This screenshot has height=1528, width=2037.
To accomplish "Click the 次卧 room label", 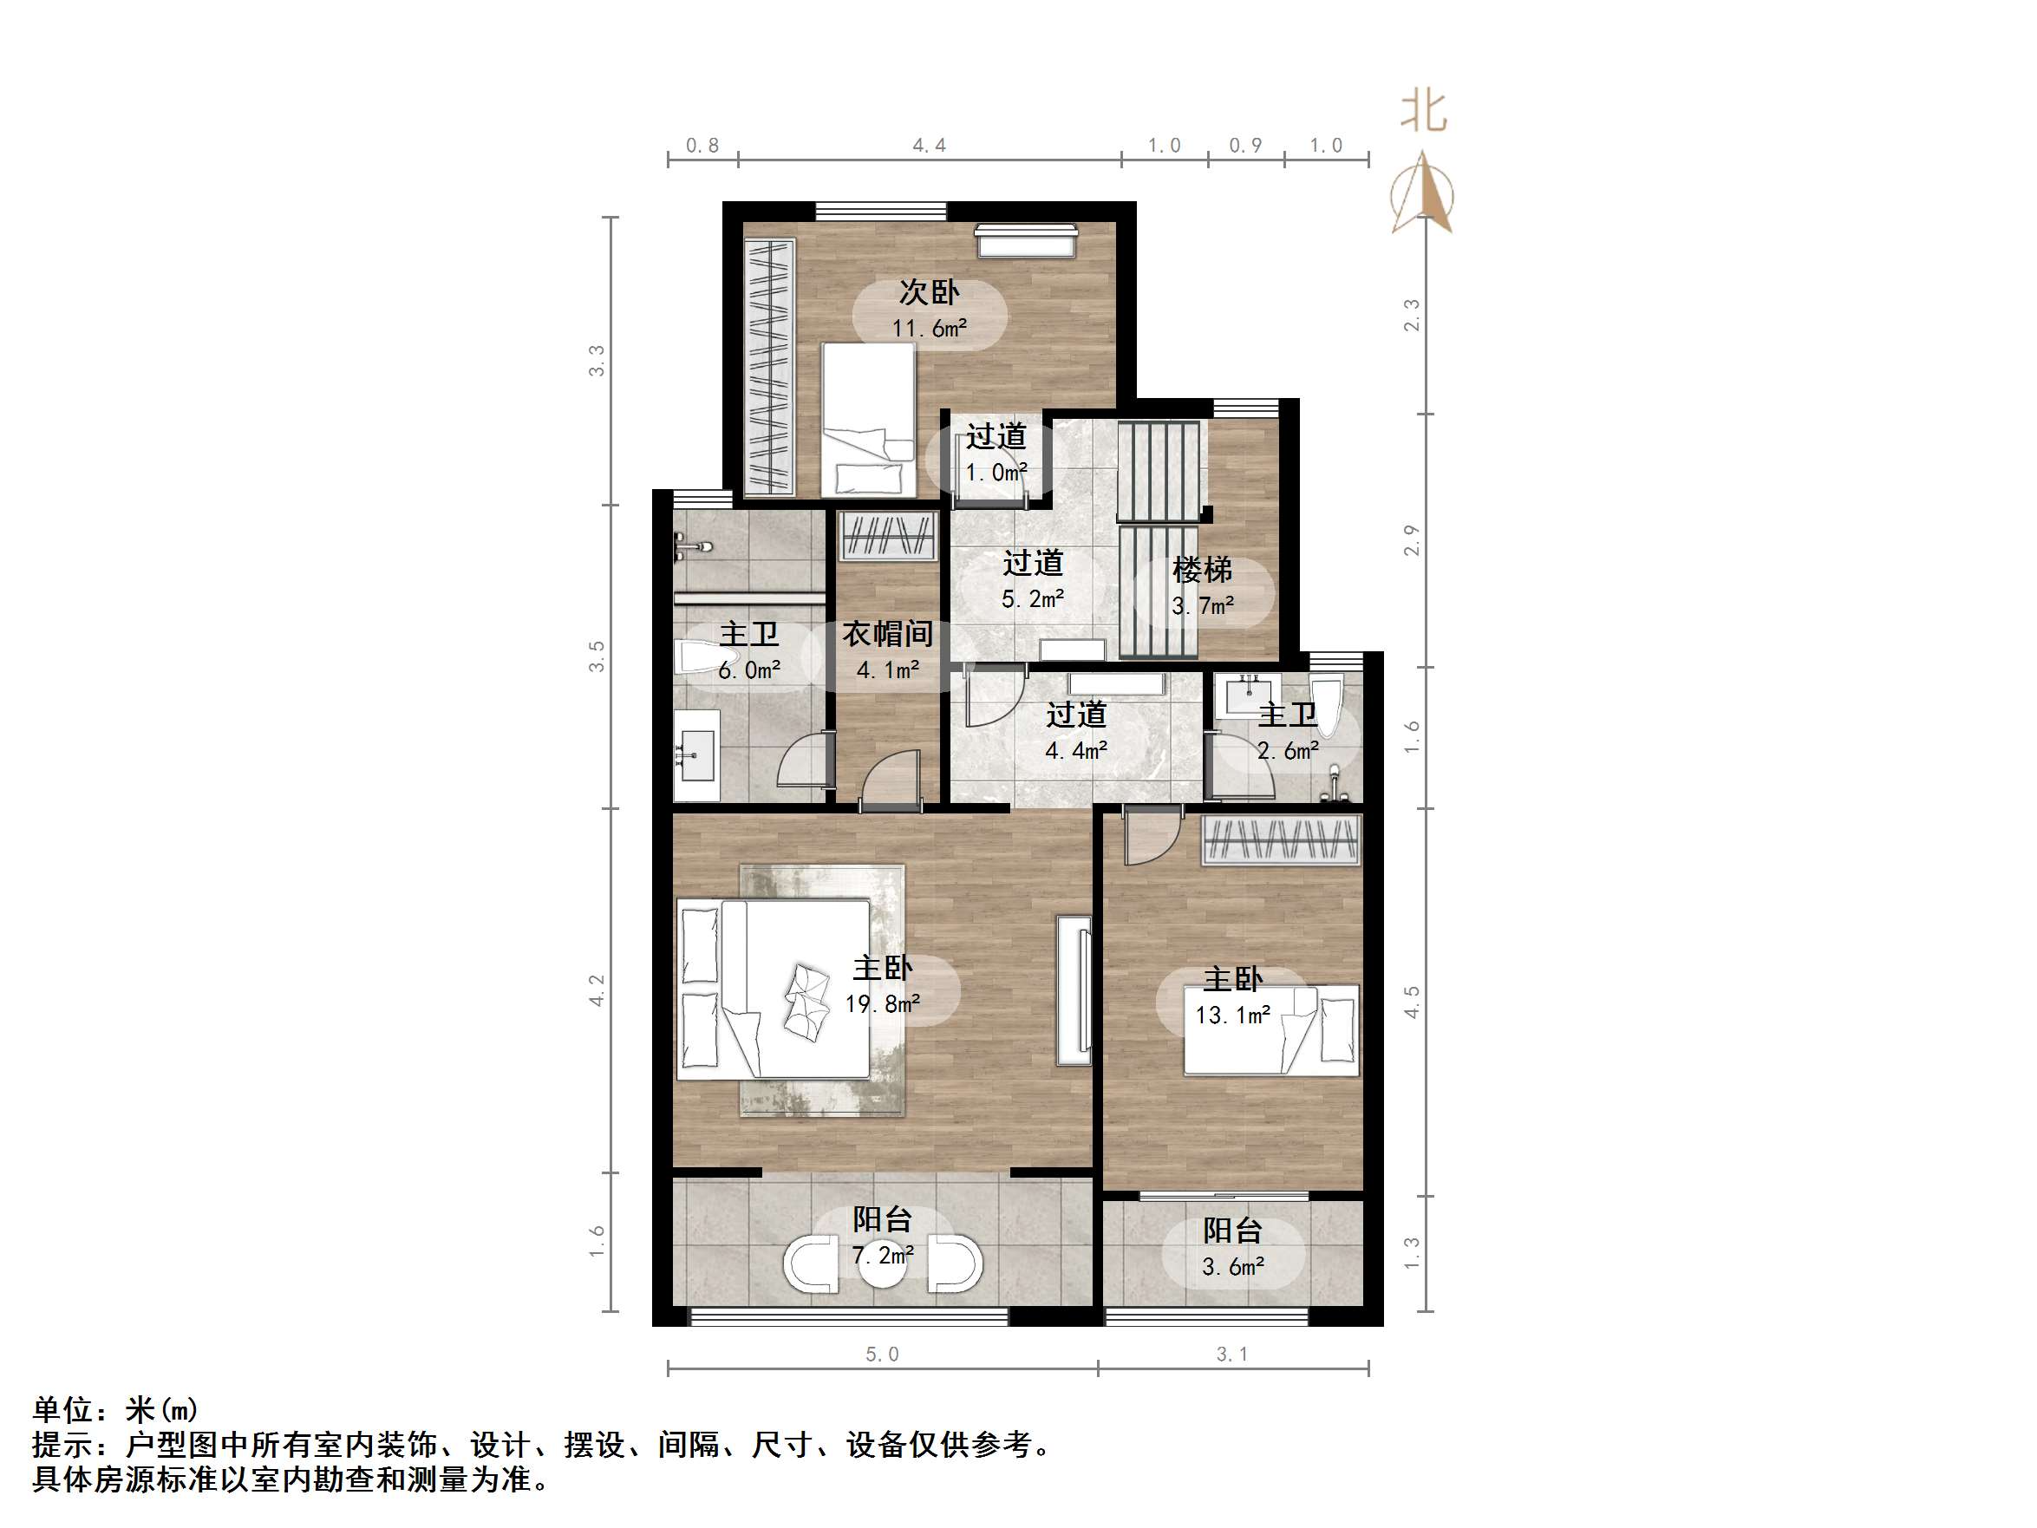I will click(x=929, y=292).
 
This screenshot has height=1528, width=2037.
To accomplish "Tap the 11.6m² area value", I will click(x=929, y=328).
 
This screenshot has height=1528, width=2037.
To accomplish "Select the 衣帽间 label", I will click(x=888, y=634).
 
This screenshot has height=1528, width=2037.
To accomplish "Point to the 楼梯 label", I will click(x=1202, y=570).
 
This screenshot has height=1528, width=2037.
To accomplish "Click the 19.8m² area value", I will click(x=882, y=1004).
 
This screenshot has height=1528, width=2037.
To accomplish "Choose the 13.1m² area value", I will click(x=1232, y=1015).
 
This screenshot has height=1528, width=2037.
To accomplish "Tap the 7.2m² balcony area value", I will click(x=882, y=1256).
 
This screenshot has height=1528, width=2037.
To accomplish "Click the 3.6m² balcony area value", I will click(x=1232, y=1266).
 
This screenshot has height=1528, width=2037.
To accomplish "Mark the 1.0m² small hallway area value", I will click(x=996, y=473).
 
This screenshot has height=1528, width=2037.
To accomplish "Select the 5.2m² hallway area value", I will click(x=1032, y=598).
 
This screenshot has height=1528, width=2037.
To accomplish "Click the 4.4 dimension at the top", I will click(x=929, y=146).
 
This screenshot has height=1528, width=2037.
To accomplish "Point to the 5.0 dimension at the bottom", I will click(x=881, y=1354).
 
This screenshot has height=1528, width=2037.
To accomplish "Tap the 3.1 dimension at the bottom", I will click(x=1232, y=1354).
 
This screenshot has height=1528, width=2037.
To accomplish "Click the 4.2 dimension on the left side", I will click(x=597, y=990).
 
